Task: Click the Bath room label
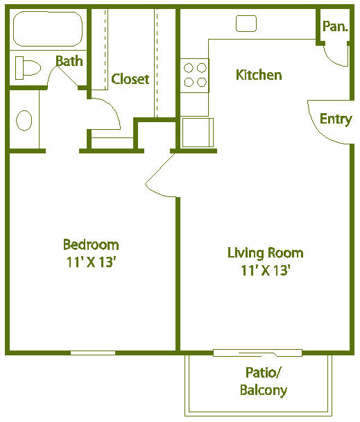click(x=69, y=61)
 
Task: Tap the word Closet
click(x=130, y=79)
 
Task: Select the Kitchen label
click(x=259, y=74)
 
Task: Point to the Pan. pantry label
click(x=335, y=27)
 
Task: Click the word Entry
click(x=336, y=119)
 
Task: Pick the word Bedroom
click(x=91, y=244)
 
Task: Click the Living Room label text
click(x=265, y=253)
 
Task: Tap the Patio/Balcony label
click(x=264, y=381)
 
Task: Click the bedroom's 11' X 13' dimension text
click(x=91, y=262)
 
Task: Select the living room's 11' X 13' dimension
click(x=265, y=271)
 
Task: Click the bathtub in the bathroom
click(x=48, y=28)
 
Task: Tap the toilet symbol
click(x=28, y=68)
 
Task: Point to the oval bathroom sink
click(x=24, y=121)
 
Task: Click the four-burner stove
click(x=194, y=75)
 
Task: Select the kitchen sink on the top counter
click(x=246, y=24)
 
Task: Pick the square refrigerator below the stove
click(x=197, y=132)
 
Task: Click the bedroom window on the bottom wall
click(x=93, y=353)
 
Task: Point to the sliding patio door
click(x=257, y=353)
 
